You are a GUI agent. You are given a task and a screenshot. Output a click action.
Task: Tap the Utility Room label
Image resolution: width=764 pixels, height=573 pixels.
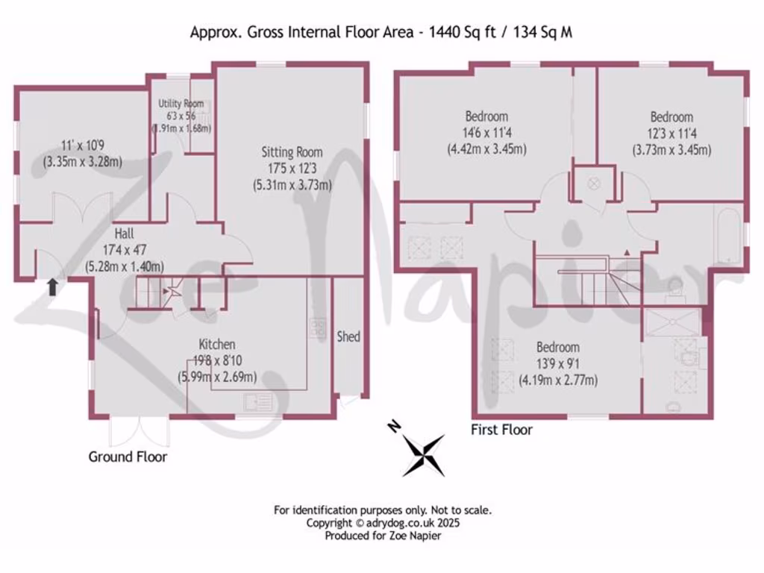(181, 104)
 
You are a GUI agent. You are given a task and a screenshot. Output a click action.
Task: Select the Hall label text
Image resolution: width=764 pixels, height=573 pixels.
(124, 234)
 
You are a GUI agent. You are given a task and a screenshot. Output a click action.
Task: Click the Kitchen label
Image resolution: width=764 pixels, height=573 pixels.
(217, 344)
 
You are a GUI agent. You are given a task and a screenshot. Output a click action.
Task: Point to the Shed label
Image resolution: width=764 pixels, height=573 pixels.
(348, 336)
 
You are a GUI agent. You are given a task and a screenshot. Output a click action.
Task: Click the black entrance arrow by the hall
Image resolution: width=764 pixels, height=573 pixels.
(52, 287)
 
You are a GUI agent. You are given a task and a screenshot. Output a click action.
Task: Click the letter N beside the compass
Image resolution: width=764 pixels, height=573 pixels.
(393, 427)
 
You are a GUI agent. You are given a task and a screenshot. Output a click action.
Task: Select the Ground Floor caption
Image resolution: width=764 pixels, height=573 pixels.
(128, 457)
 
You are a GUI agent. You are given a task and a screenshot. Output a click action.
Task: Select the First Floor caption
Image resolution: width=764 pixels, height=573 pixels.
(501, 430)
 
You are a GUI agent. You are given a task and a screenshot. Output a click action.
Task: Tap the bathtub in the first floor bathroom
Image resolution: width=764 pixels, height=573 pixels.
(728, 234)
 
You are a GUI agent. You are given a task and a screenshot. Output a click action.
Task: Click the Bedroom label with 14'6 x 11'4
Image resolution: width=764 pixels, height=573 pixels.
(486, 116)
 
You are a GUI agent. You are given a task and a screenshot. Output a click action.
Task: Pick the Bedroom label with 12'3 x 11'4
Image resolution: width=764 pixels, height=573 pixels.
(671, 117)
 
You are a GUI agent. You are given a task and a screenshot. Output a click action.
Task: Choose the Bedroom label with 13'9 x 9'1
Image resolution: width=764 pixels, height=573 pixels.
(558, 348)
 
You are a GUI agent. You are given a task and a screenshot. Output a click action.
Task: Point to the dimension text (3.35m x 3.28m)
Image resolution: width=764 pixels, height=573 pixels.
(83, 162)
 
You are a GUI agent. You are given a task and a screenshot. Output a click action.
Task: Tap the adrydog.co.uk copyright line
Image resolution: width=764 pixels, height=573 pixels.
(383, 523)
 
